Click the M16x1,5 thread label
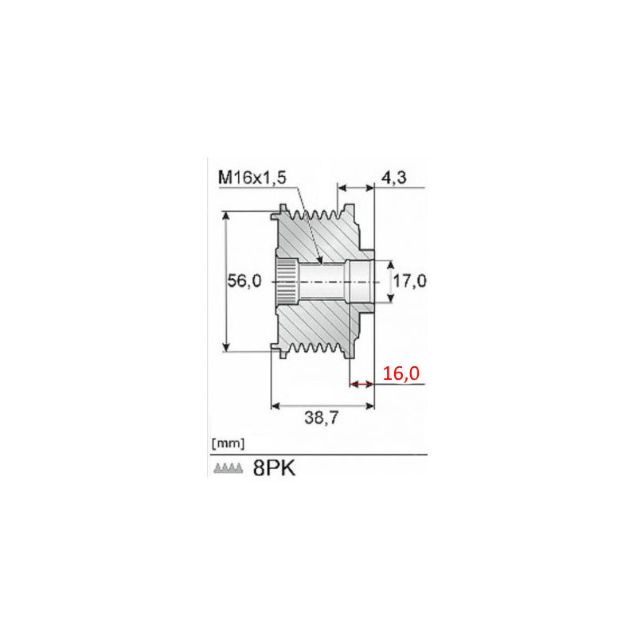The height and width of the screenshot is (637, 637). (252, 178)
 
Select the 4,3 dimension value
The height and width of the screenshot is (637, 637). (393, 178)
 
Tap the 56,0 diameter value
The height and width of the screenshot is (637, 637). (244, 281)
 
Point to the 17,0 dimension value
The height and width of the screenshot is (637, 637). (409, 281)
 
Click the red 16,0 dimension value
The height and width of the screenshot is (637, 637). (401, 373)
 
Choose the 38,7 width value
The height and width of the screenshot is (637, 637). (321, 417)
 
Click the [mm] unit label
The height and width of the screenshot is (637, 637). (228, 444)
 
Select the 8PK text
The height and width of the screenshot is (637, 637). (274, 468)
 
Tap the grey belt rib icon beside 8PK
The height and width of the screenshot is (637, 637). (229, 468)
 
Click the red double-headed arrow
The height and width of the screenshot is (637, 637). (362, 384)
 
